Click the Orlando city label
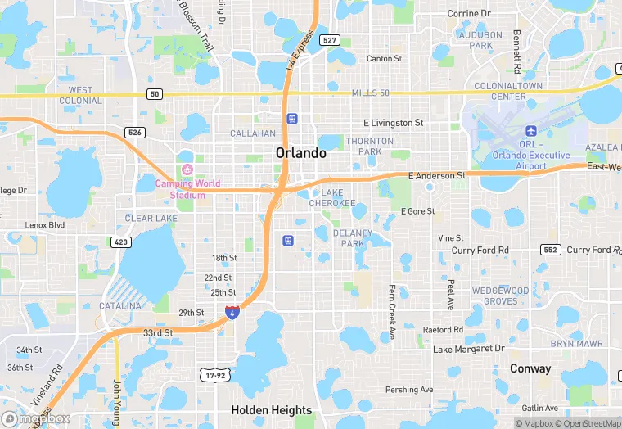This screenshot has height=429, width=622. click(x=300, y=153)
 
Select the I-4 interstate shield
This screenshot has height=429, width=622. click(x=232, y=312)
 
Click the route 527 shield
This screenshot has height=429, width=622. click(x=330, y=40)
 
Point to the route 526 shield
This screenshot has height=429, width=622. click(x=135, y=132)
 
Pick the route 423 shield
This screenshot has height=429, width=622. click(x=121, y=242)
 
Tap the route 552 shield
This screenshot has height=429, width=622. click(x=548, y=250)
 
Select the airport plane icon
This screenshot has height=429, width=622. click(x=530, y=131)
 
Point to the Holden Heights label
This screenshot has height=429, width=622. click(x=271, y=410)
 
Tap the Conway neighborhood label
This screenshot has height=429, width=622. click(x=530, y=368)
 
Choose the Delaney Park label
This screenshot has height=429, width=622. click(x=352, y=238)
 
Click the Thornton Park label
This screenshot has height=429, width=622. click(x=364, y=147)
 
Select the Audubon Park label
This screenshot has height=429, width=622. click(x=480, y=40)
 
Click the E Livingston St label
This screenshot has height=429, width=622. click(x=393, y=123)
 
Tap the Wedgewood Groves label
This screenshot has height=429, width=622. click(x=500, y=296)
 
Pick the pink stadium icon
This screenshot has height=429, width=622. click(x=186, y=169)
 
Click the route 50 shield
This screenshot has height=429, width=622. click(x=155, y=94)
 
